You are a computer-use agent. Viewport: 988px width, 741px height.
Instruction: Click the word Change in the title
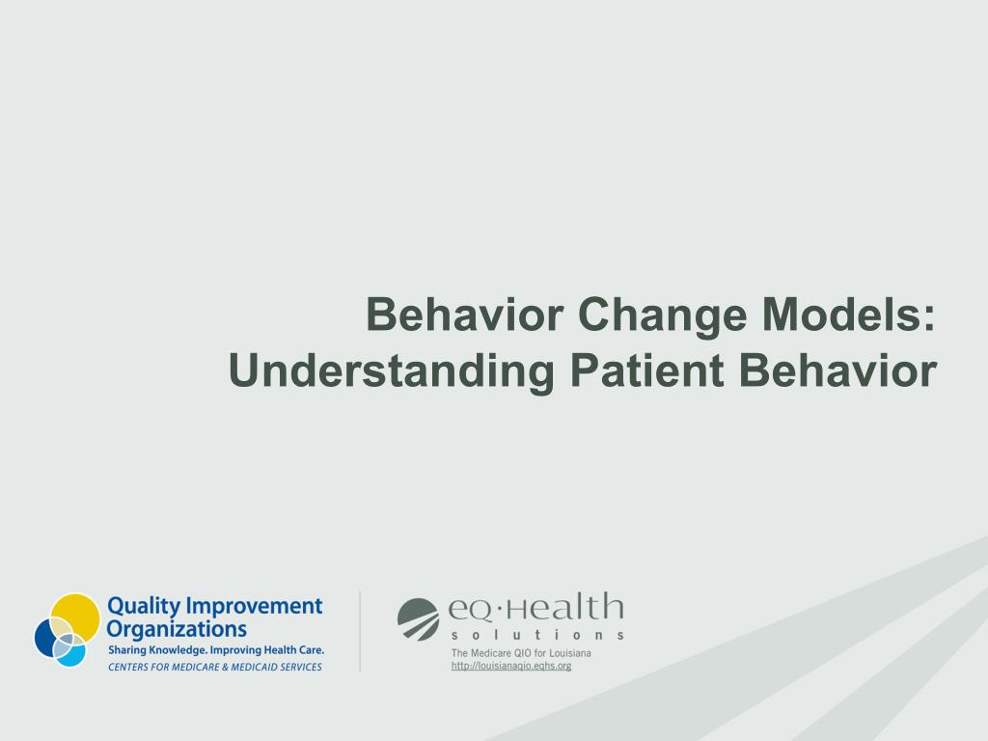click(662, 316)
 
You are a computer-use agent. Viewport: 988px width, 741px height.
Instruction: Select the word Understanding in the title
click(392, 371)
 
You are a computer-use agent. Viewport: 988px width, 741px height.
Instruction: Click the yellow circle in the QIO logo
click(75, 618)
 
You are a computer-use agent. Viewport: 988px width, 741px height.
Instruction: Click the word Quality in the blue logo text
click(145, 607)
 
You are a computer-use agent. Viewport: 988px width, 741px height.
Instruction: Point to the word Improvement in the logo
click(255, 606)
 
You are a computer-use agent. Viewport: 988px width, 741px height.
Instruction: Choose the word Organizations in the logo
click(177, 629)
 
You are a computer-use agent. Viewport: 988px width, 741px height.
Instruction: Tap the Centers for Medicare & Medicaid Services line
click(215, 667)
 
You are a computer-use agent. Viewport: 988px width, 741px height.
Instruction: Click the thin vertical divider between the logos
click(360, 631)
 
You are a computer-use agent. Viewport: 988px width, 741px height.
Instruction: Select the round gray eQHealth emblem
click(419, 619)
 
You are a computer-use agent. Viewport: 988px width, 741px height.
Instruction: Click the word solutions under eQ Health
click(537, 635)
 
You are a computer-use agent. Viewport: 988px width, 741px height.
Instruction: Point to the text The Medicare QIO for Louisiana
click(521, 653)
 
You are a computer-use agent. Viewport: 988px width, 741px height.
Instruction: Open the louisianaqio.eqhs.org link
click(511, 666)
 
